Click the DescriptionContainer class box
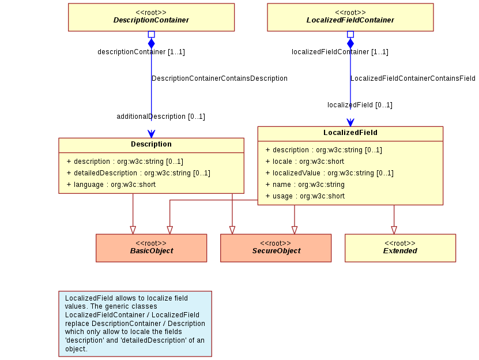pos(151,17)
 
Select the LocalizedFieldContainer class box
pos(350,17)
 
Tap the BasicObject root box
pos(151,248)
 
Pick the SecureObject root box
pos(276,248)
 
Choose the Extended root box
pos(400,248)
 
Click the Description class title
pos(151,144)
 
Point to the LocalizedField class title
pos(350,133)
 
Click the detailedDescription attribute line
pos(138,173)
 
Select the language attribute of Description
pos(111,185)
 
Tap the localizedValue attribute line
pos(330,173)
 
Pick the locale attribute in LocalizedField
pos(305,162)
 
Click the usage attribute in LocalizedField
pos(305,196)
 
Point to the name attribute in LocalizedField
pos(305,185)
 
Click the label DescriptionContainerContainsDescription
pos(220,78)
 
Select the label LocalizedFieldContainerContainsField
pos(413,78)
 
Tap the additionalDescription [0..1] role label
pos(161,117)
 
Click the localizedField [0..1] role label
pos(360,105)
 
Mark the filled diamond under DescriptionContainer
pos(151,43)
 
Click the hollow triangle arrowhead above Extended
pos(394,230)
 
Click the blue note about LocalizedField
pos(135,324)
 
